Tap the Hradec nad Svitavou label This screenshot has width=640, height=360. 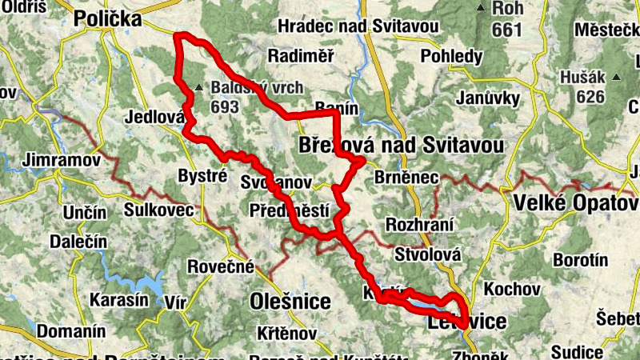click(358, 26)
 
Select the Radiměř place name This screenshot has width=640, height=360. click(301, 56)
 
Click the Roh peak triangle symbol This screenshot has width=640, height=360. click(480, 9)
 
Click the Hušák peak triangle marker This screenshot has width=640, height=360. click(617, 78)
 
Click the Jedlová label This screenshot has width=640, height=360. click(155, 117)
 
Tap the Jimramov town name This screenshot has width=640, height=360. click(62, 159)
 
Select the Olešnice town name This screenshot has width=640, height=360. click(290, 302)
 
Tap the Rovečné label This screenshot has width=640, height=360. click(221, 266)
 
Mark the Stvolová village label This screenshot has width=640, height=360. click(428, 254)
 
